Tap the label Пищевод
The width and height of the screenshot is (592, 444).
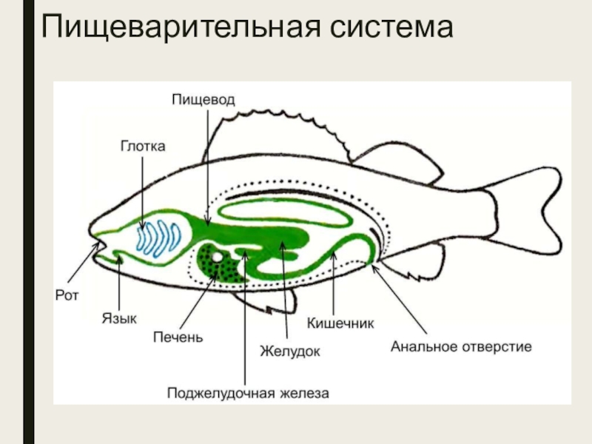(x=203, y=99)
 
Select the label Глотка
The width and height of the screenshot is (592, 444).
(x=144, y=147)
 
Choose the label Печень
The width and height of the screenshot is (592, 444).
(x=178, y=337)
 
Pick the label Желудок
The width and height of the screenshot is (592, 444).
(x=290, y=351)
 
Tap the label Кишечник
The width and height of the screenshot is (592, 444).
(x=340, y=323)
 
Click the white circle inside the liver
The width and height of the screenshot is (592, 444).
(x=218, y=258)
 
